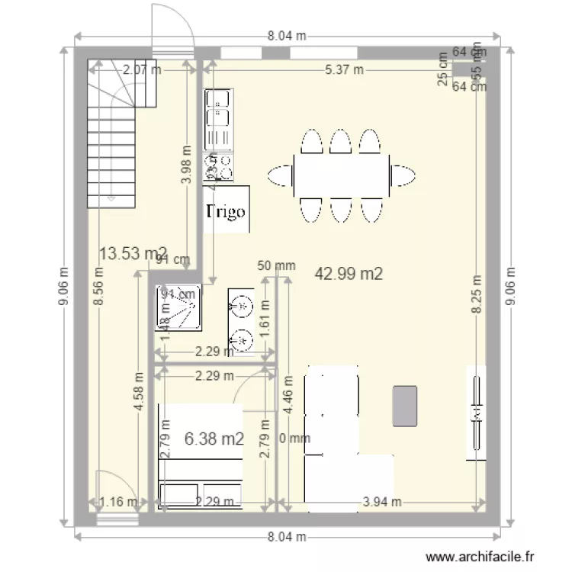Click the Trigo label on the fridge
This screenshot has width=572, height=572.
click(x=227, y=210)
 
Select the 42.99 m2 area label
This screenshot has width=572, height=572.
click(x=349, y=273)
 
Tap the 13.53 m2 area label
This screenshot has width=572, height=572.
click(x=133, y=254)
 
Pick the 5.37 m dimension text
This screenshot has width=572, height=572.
click(x=344, y=69)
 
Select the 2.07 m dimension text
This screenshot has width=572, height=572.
click(x=142, y=69)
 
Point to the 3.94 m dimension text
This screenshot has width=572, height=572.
click(x=381, y=502)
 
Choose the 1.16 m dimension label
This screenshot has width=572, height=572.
click(x=117, y=502)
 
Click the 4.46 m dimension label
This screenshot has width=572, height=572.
click(x=288, y=394)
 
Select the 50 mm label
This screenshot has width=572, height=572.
click(x=276, y=266)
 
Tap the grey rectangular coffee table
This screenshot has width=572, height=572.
click(x=405, y=406)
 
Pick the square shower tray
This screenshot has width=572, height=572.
click(x=179, y=308)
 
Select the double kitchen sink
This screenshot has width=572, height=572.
click(x=219, y=119)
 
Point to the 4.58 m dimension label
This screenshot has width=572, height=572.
click(x=139, y=391)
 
